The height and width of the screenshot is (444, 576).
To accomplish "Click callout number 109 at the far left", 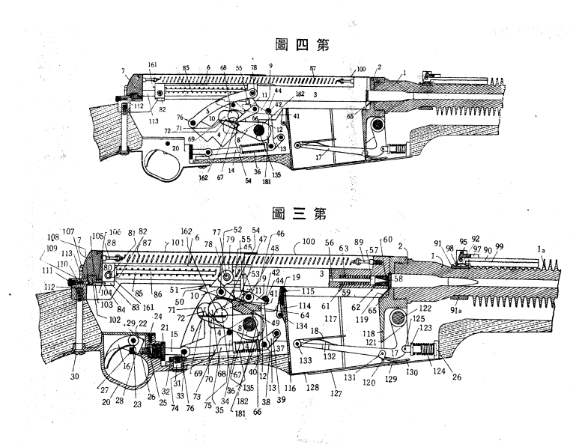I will pyautogui.click(x=51, y=247).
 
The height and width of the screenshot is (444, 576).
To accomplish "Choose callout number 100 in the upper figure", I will pyautogui.click(x=362, y=68).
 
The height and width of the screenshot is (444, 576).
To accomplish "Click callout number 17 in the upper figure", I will pyautogui.click(x=319, y=158).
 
